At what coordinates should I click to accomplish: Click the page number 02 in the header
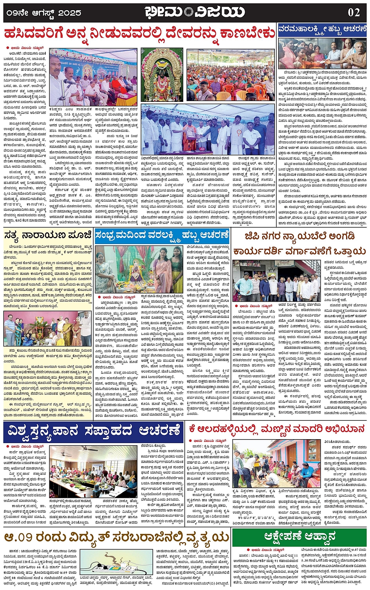(354, 12)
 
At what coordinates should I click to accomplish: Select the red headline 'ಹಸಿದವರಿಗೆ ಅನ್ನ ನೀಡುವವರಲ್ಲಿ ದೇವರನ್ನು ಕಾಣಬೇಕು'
(139, 33)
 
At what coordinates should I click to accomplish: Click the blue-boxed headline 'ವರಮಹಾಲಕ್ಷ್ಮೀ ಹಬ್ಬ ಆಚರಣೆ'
(322, 29)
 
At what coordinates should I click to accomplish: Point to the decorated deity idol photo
(162, 75)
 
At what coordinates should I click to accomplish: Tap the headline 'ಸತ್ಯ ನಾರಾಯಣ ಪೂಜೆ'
(48, 235)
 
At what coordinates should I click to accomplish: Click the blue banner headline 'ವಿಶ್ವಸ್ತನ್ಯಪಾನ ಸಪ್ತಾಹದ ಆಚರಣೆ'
(94, 431)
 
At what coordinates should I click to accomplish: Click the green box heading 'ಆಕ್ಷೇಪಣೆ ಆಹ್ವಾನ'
(299, 536)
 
